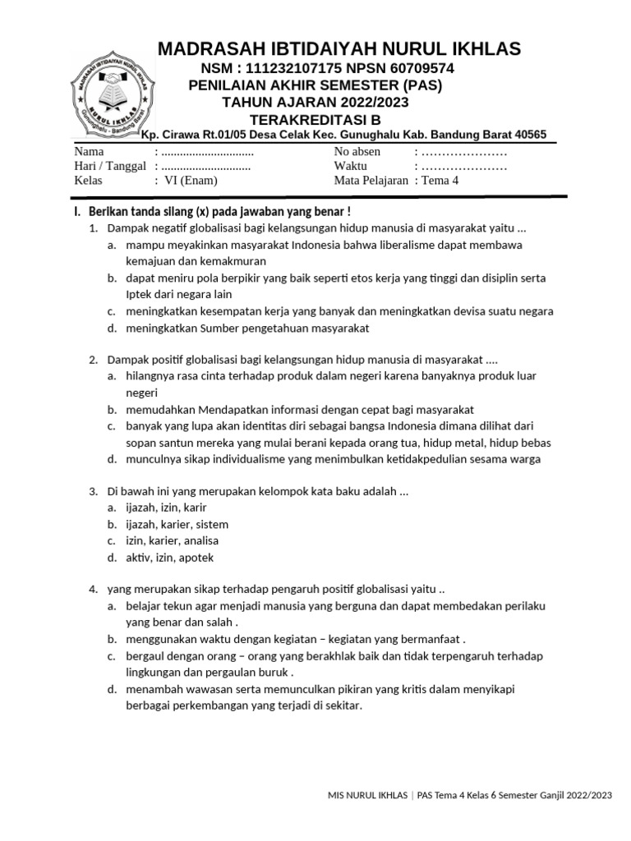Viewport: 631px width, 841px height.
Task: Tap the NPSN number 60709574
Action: (x=421, y=67)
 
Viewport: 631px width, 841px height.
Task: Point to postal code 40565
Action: (x=527, y=136)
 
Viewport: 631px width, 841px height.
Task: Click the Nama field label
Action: (x=90, y=152)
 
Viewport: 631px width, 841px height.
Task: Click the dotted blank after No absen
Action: (x=464, y=152)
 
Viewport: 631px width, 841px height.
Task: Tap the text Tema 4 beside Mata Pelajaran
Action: (x=441, y=181)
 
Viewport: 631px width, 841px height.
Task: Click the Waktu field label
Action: (x=352, y=166)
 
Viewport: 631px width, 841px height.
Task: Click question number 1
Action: (x=94, y=229)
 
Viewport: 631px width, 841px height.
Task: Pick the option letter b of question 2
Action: (x=110, y=409)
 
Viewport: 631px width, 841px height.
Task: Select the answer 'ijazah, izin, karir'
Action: (x=166, y=508)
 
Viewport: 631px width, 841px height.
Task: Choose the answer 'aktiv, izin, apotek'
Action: (x=169, y=557)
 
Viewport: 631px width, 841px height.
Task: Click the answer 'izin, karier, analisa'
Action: (x=173, y=540)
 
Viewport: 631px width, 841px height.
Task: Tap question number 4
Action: (x=94, y=589)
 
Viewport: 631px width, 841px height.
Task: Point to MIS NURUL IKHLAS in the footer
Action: (x=368, y=794)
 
